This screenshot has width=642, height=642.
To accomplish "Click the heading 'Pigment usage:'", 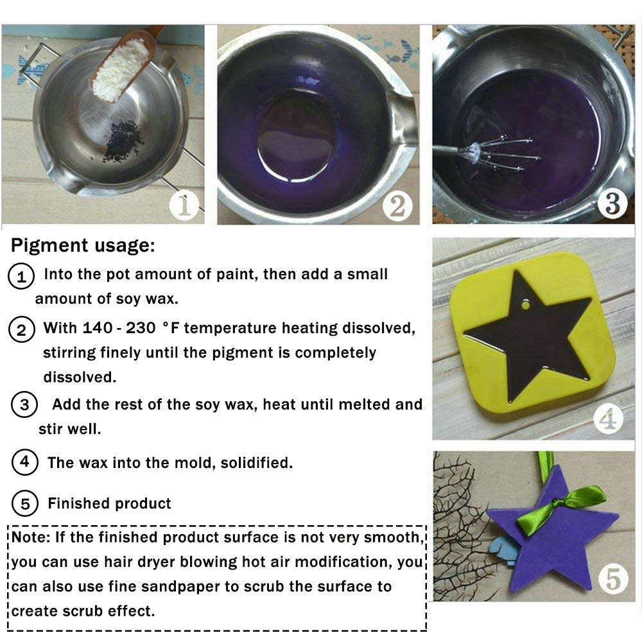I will (x=83, y=246).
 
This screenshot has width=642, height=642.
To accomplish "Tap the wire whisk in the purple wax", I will (x=507, y=154).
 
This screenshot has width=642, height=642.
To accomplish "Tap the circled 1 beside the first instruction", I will (x=21, y=277).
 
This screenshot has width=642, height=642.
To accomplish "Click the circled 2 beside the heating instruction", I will (x=21, y=330).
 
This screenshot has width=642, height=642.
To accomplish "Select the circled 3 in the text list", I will (x=24, y=405).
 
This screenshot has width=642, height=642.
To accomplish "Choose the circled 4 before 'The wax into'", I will (x=24, y=463).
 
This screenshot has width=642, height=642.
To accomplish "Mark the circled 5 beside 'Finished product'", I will (x=24, y=504).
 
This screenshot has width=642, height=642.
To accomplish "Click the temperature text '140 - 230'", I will (x=119, y=328).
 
